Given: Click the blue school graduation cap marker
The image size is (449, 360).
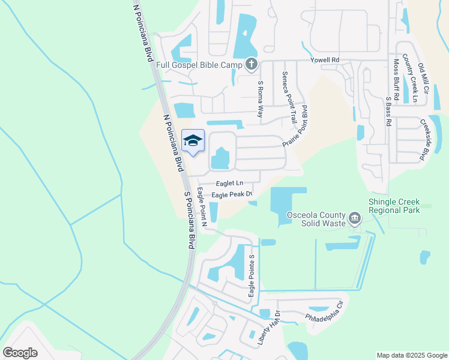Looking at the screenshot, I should point(193,141).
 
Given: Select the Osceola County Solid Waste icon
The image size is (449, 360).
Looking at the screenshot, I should point(355,218).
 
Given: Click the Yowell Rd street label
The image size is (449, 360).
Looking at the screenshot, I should point(325,60).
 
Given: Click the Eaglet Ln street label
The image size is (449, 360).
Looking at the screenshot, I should point(230,183).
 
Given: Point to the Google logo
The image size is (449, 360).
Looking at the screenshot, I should point(20,352).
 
